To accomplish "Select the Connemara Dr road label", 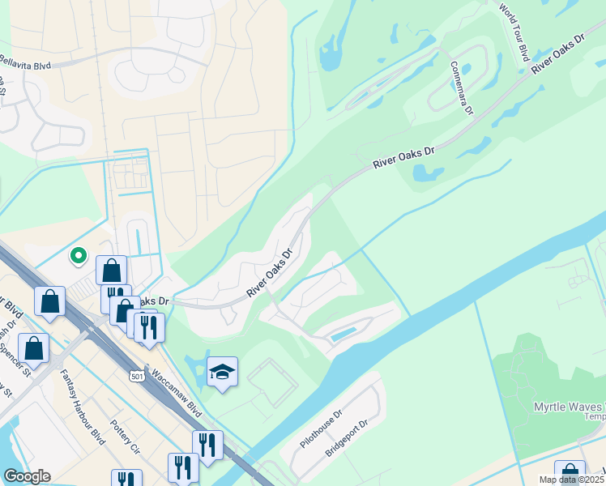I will tap(459, 88).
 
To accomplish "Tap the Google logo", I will tap(27, 476).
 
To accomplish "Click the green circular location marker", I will tap(79, 256).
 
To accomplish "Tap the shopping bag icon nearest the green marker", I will tap(112, 271).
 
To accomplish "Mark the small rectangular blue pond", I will tap(344, 333).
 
